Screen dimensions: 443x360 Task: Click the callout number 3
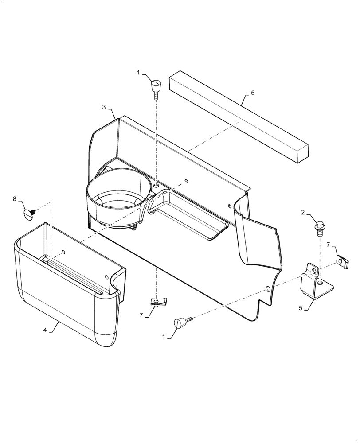pos(104,107)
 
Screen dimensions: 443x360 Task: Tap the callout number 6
pos(253,93)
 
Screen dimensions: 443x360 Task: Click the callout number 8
pos(14,199)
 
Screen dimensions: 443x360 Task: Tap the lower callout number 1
pos(164,337)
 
